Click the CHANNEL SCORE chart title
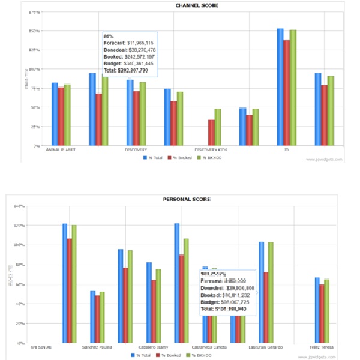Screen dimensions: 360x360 197,5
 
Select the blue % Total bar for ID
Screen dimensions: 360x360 280,86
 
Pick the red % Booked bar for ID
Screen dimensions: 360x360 287,92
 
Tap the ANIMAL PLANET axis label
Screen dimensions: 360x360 60,149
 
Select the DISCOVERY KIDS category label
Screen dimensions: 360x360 210,149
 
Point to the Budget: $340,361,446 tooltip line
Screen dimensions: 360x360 129,64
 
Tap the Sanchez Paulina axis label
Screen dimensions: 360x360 96,346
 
